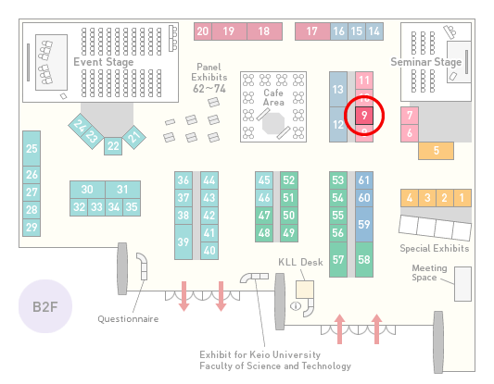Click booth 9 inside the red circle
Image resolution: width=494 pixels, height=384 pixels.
[x=364, y=116]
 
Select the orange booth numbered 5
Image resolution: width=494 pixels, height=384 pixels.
[x=436, y=151]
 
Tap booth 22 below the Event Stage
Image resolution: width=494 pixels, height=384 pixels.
[x=113, y=146]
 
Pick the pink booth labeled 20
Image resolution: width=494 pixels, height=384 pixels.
[x=203, y=31]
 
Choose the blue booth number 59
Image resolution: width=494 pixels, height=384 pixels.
[x=364, y=224]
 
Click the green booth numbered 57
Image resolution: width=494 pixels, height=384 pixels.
[x=338, y=259]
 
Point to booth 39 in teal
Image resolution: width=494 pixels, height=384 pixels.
[x=184, y=242]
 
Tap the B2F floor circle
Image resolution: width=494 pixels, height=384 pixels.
[x=45, y=306]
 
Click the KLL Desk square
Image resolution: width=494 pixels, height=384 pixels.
[x=305, y=290]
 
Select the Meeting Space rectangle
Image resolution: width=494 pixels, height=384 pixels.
[x=462, y=284]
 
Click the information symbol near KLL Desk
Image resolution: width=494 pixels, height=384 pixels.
[x=296, y=305]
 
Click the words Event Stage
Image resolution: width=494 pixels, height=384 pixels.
[x=104, y=62]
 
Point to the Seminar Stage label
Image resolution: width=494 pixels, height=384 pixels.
[x=426, y=62]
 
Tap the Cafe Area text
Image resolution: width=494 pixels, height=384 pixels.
[x=273, y=97]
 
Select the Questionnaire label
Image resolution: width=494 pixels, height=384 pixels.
[x=128, y=319]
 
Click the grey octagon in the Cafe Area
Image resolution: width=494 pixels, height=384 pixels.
[x=273, y=124]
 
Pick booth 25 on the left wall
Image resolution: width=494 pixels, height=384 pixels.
[x=32, y=148]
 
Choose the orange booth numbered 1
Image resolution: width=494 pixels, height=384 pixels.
[x=462, y=198]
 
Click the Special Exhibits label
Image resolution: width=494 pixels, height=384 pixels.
[x=435, y=249]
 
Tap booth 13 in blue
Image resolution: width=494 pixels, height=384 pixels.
[x=338, y=90]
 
